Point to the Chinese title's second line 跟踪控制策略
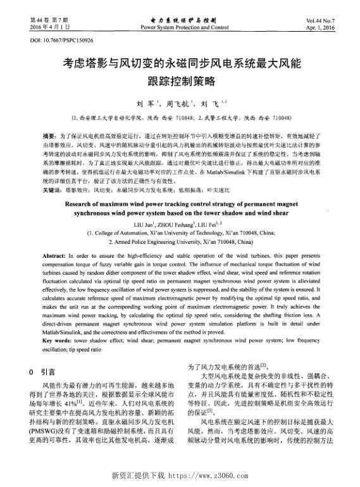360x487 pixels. (x=180, y=81)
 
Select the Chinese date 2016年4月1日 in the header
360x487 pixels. (x=50, y=29)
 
